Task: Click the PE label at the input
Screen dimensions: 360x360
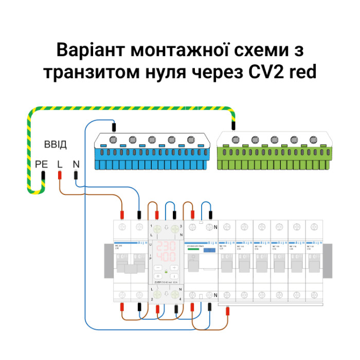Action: [x=41, y=165]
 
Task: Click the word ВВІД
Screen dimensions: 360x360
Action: [x=55, y=145]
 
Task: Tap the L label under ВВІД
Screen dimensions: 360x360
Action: [x=60, y=165]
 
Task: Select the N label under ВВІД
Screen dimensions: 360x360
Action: [x=76, y=165]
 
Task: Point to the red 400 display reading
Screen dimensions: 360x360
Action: [x=166, y=256]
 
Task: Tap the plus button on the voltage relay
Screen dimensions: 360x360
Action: [x=175, y=268]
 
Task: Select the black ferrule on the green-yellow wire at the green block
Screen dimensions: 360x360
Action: [x=235, y=125]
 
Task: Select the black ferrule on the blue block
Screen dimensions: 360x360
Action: [x=114, y=125]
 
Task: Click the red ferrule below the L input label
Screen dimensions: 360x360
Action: [x=60, y=175]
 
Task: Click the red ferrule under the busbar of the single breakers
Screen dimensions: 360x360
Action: [x=227, y=310]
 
